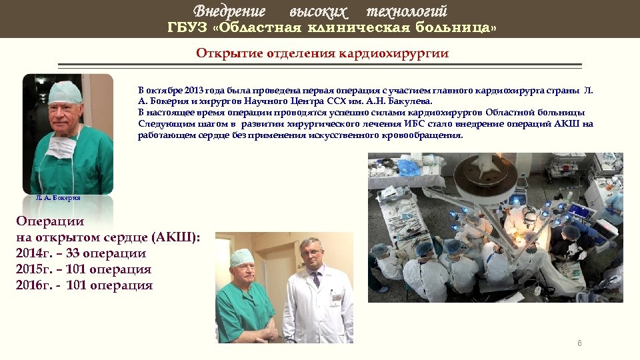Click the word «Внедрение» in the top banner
point(229,11)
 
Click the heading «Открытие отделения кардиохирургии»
point(322,53)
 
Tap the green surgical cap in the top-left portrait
point(65,92)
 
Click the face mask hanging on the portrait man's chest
point(61,146)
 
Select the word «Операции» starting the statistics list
point(50,221)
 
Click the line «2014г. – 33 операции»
point(81,253)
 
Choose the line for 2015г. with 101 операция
point(83,269)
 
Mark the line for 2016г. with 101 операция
point(84,285)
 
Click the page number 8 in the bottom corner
point(579,343)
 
